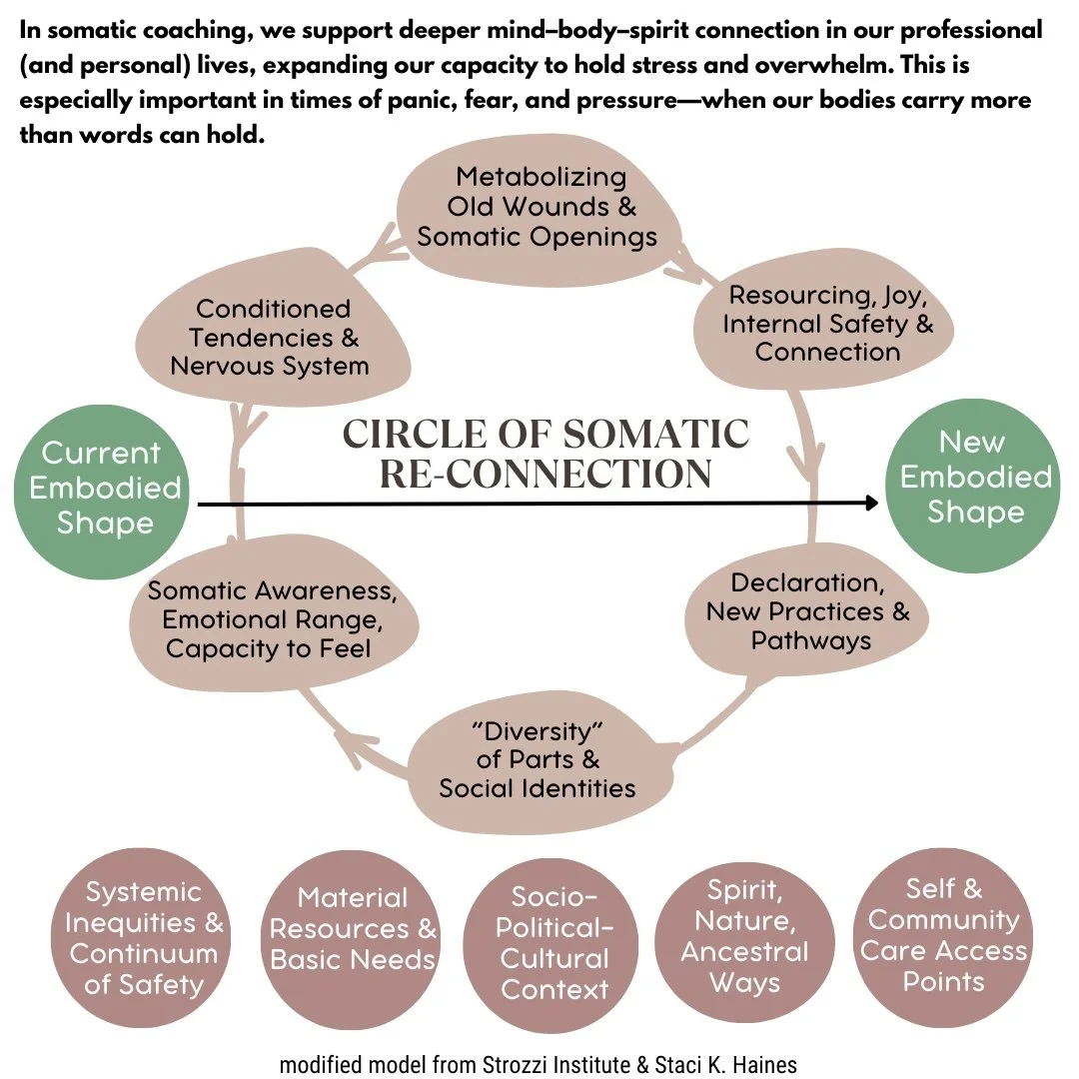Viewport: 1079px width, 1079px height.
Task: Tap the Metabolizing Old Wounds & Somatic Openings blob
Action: click(x=537, y=208)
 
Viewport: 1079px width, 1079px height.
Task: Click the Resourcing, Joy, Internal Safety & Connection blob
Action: click(x=827, y=324)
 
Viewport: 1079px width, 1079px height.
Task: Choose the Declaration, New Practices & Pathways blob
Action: click(x=807, y=611)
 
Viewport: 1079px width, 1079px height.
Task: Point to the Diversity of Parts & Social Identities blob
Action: click(x=538, y=759)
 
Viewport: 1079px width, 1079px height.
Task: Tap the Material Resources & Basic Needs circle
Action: click(x=353, y=929)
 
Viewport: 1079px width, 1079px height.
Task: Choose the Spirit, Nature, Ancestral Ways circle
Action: click(x=744, y=936)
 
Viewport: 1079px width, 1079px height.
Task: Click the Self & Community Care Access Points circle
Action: click(x=943, y=934)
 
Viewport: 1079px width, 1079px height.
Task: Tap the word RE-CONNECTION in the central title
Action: click(x=546, y=474)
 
